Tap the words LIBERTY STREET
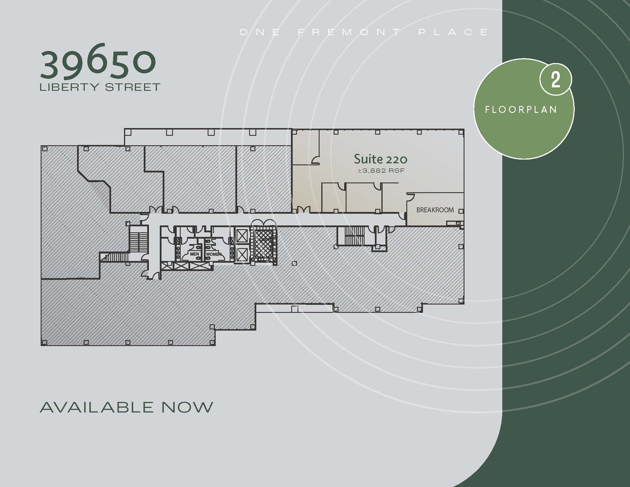click(x=100, y=87)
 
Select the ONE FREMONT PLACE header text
click(x=364, y=32)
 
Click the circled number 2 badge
click(x=555, y=80)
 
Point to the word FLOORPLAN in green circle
click(x=521, y=110)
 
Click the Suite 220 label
click(x=381, y=159)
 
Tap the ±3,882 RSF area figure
click(x=381, y=171)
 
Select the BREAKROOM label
click(x=435, y=210)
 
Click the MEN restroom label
click(x=194, y=254)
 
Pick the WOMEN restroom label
click(x=213, y=254)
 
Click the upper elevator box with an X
click(x=242, y=237)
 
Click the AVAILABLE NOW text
click(x=126, y=407)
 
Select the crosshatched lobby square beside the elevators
click(x=264, y=245)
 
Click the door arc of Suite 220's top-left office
click(x=315, y=160)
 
